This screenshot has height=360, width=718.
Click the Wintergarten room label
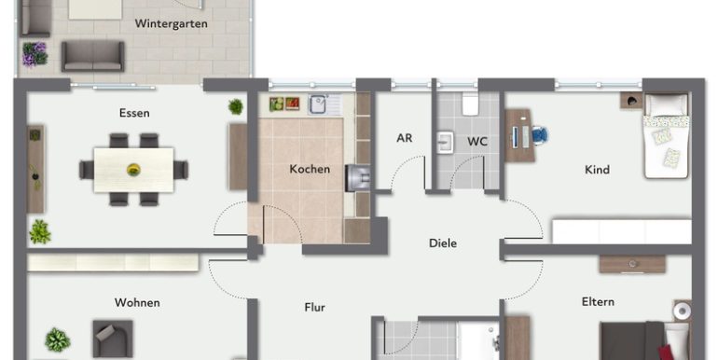[171, 24]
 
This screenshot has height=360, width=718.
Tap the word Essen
[134, 113]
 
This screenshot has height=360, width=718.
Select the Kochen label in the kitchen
[310, 169]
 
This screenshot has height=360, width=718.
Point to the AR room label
[405, 138]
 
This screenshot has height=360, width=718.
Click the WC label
[476, 142]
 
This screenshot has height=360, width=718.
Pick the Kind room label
[597, 170]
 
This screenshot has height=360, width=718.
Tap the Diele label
[443, 243]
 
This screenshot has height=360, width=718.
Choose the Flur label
[314, 308]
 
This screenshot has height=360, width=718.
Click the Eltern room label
[598, 302]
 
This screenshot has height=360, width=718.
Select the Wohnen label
[137, 303]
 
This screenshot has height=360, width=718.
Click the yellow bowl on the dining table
[133, 170]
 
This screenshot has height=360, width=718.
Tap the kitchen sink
[316, 104]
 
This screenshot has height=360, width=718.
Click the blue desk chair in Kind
[540, 135]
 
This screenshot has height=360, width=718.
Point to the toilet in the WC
[470, 104]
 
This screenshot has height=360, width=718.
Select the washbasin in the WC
[445, 143]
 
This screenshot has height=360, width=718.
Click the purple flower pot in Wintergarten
[35, 54]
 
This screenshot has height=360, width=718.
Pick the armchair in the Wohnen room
[113, 339]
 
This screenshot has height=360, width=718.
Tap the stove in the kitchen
[357, 178]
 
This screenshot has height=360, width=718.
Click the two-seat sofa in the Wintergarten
[93, 56]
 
